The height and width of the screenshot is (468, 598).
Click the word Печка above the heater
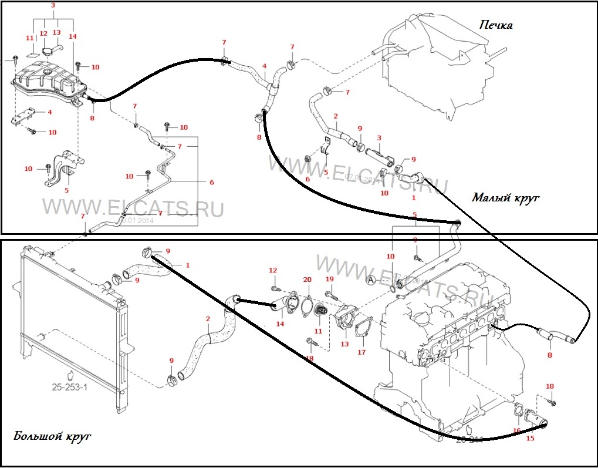point(495,25)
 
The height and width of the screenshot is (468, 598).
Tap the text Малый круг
point(505,197)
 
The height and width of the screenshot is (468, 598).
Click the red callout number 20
point(307,280)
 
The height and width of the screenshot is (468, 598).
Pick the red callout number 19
point(329,280)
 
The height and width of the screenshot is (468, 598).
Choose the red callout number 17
point(361,352)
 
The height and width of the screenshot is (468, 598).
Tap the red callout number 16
point(516,430)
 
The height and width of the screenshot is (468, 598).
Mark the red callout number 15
point(530,438)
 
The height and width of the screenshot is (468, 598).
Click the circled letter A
point(371,280)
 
